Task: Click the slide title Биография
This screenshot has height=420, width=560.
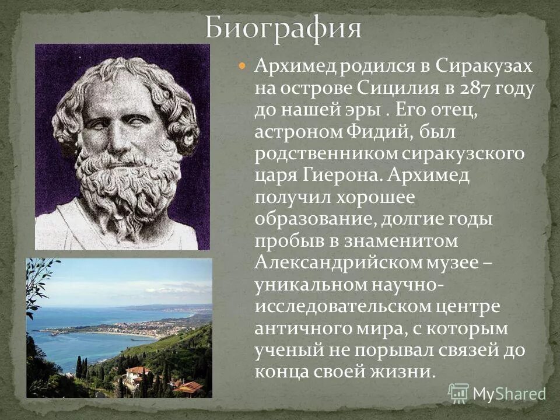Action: point(283,29)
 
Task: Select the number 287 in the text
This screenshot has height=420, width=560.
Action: point(477,89)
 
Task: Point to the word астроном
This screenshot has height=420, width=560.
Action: point(296,132)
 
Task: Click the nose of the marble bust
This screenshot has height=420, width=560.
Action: point(120,140)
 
